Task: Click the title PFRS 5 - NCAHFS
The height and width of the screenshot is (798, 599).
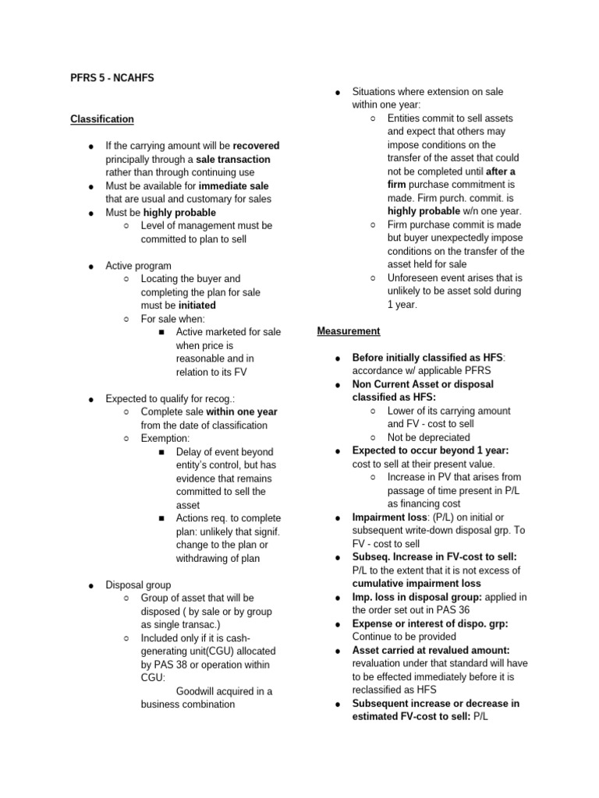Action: tap(117, 77)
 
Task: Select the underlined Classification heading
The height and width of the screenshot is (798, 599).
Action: tap(102, 119)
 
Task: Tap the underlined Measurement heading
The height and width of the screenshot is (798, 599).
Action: tap(349, 331)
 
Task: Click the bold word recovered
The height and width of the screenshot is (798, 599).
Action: tap(256, 146)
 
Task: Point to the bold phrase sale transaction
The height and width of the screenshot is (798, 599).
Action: tap(233, 159)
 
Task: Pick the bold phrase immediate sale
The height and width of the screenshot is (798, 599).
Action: tap(233, 186)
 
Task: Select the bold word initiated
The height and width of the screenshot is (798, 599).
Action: tap(197, 305)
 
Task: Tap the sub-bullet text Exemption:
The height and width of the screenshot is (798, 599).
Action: tap(165, 439)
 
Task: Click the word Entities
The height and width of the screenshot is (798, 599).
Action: tap(406, 118)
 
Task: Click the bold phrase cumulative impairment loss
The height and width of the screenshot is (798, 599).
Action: tap(416, 584)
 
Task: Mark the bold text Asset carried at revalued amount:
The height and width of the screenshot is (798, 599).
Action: tap(431, 650)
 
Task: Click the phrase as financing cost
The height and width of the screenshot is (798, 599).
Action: tap(424, 503)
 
